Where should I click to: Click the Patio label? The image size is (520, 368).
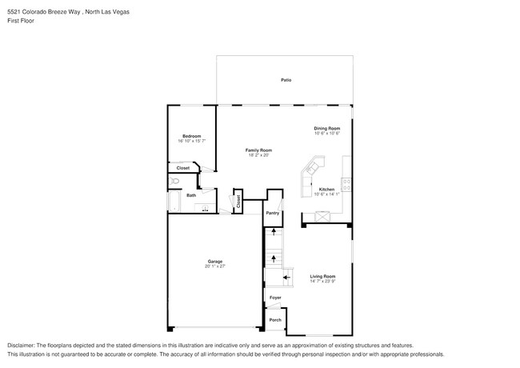tap(285, 80)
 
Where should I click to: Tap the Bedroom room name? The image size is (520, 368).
tap(191, 136)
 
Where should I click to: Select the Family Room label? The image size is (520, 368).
tap(258, 150)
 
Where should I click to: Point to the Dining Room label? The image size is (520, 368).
tap(326, 128)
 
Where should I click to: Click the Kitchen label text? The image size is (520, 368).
tap(326, 189)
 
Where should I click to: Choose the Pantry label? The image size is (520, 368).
tap(272, 213)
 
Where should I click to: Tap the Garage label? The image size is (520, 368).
tap(214, 261)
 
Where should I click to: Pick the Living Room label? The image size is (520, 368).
tap(322, 276)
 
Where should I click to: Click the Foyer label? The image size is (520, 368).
tap(274, 297)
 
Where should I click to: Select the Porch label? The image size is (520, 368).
tap(274, 320)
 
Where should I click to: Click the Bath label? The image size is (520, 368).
tap(191, 195)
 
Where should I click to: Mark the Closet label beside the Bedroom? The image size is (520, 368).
tap(182, 168)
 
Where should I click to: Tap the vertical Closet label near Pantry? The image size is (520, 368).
tap(238, 202)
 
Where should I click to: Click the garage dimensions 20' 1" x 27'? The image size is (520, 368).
tap(214, 266)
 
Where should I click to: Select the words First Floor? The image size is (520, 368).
tap(22, 21)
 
